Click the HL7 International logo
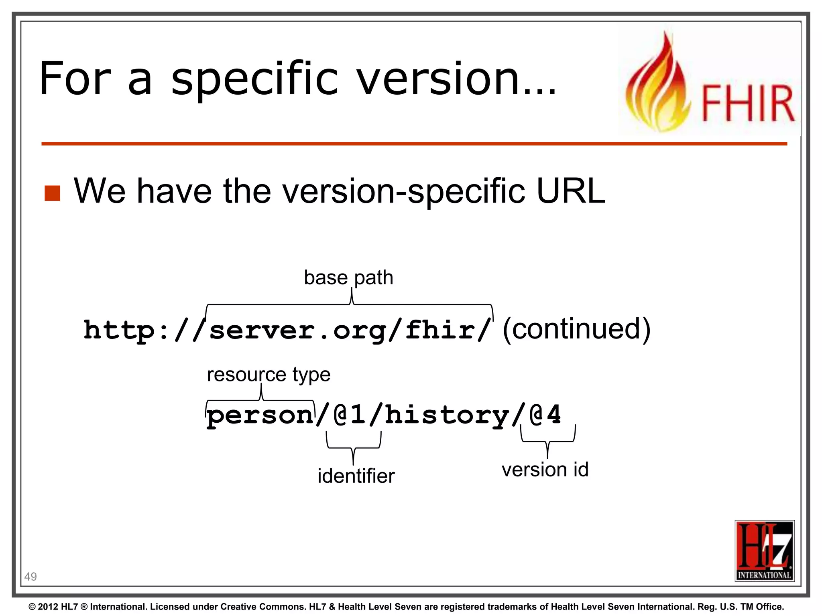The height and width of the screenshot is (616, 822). (x=764, y=550)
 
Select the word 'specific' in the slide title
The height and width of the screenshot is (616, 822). (x=255, y=79)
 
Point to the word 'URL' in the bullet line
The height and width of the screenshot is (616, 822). (x=570, y=191)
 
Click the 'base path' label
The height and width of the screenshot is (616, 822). (x=348, y=278)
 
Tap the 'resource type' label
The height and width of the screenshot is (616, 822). (x=269, y=375)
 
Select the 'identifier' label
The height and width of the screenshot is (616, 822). (x=356, y=476)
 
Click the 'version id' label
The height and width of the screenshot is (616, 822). (x=545, y=470)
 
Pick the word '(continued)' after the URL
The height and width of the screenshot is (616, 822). (x=576, y=329)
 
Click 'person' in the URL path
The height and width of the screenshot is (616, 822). (x=260, y=415)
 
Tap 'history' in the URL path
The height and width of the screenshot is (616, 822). (x=447, y=415)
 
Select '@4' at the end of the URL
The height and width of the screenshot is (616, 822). (x=545, y=414)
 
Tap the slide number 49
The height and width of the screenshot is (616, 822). (x=31, y=577)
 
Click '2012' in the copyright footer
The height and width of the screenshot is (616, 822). (x=48, y=607)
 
